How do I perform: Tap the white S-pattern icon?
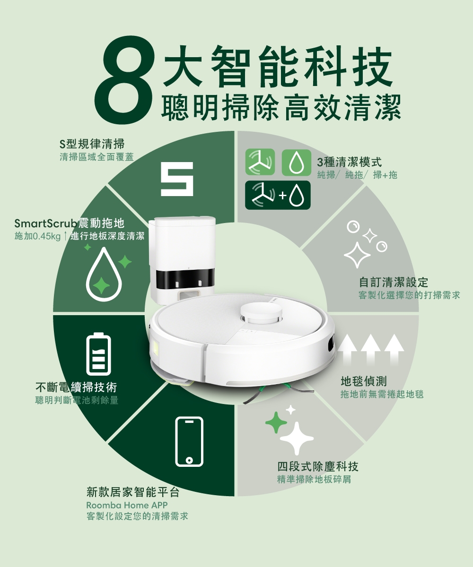point(177,179)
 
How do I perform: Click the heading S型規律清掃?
point(92,144)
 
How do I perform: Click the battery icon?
point(98,355)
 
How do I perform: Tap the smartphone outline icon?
point(189,442)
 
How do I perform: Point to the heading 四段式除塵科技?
point(318,467)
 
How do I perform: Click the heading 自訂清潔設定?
point(394,283)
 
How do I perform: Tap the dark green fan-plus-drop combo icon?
point(278,195)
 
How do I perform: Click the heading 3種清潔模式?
point(350,163)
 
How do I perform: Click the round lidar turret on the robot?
point(262,311)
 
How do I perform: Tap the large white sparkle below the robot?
point(297,438)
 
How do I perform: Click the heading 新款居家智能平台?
point(133,492)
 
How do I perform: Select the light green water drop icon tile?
point(296,163)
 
